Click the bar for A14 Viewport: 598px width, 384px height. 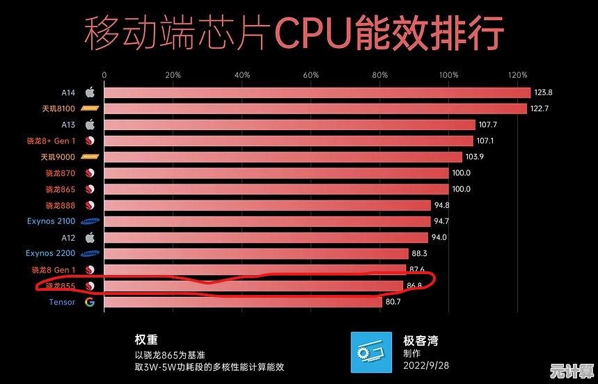pos(317,93)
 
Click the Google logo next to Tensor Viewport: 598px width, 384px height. pos(90,302)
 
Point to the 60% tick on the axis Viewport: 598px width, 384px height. pos(311,74)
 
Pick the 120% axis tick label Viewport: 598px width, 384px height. pos(518,74)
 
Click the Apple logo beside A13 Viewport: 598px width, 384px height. pos(90,125)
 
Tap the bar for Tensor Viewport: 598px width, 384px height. pos(243,302)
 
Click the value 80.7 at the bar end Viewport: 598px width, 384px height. pos(396,302)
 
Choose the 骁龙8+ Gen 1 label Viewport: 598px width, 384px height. pos(54,141)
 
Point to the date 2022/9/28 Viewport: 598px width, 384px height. pos(425,365)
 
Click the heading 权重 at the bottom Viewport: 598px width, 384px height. pos(146,340)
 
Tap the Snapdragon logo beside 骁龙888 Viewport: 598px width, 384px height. pos(90,205)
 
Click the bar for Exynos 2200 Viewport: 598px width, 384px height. pos(256,253)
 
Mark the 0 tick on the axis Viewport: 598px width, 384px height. pos(104,74)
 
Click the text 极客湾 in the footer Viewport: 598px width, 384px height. pos(420,340)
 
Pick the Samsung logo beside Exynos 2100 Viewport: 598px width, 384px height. pos(90,221)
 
